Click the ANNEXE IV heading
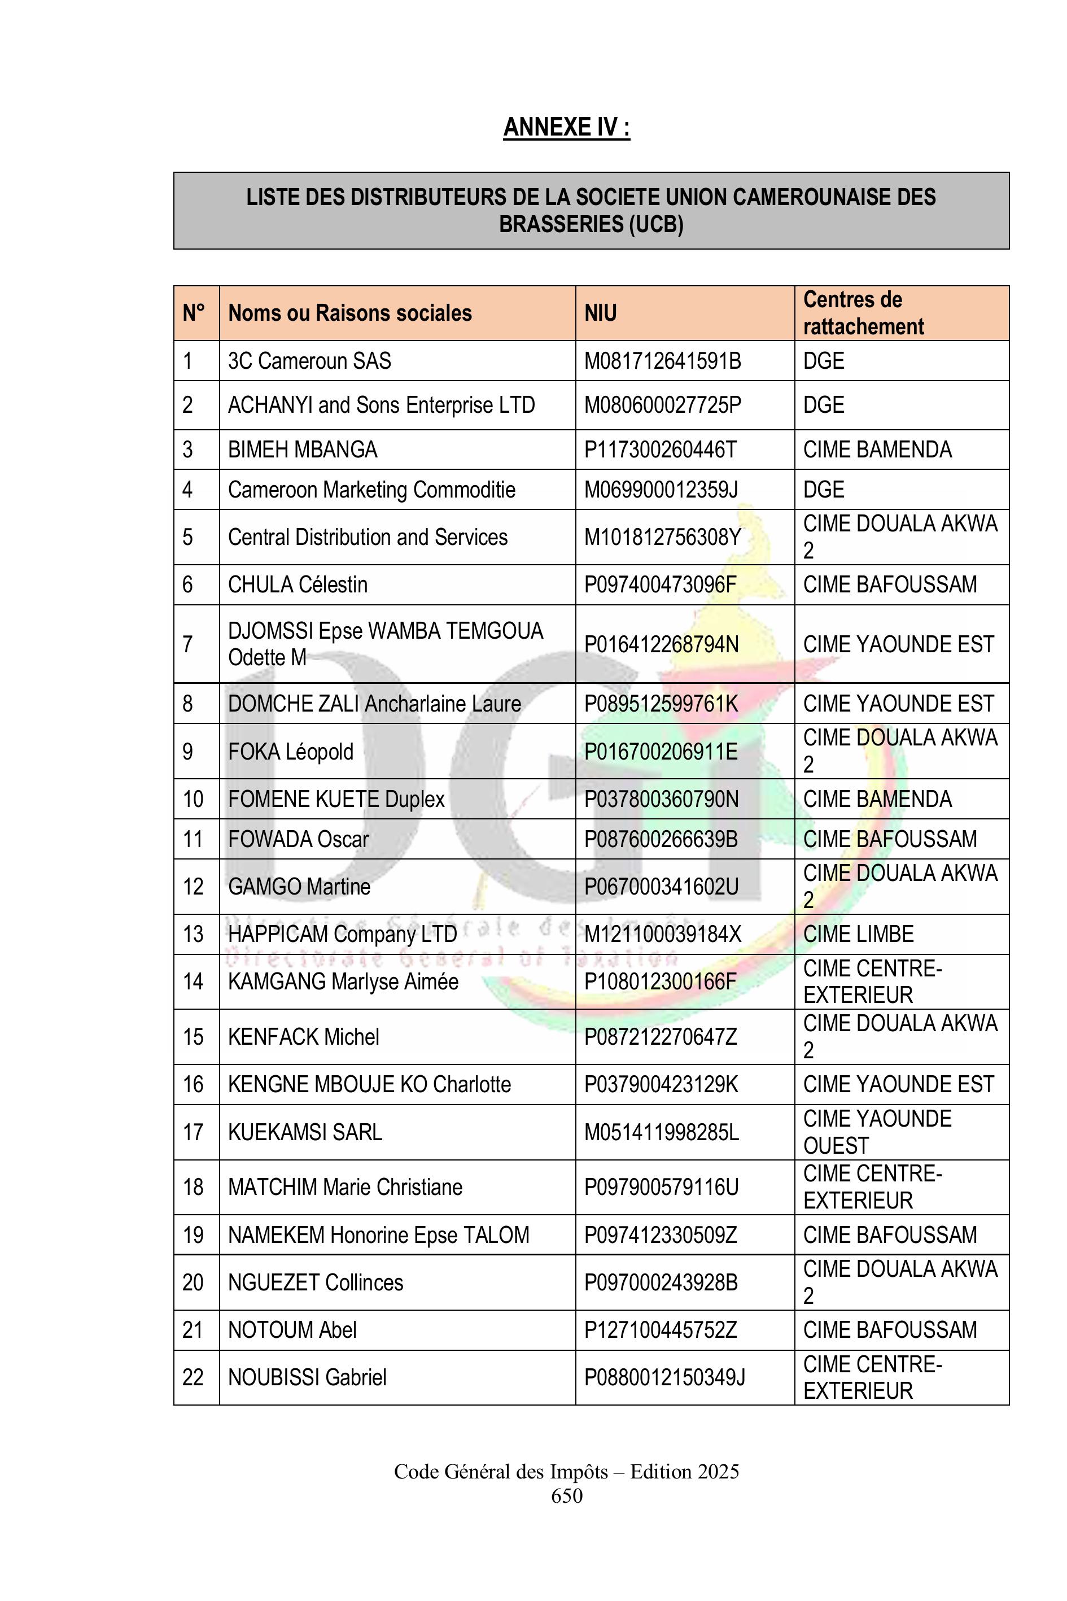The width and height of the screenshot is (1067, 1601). pyautogui.click(x=566, y=127)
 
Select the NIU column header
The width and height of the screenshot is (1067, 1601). pyautogui.click(x=600, y=313)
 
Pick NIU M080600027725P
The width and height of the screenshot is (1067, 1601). pyautogui.click(x=662, y=405)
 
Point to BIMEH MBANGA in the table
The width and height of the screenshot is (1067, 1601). pyautogui.click(x=302, y=450)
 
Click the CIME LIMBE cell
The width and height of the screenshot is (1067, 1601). pyautogui.click(x=858, y=934)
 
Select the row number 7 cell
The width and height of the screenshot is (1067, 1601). pyautogui.click(x=188, y=644)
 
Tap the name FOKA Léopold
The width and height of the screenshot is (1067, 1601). pyautogui.click(x=291, y=752)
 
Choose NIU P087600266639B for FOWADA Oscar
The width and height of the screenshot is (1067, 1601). pyautogui.click(x=661, y=839)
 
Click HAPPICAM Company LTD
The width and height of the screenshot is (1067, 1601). pyautogui.click(x=342, y=934)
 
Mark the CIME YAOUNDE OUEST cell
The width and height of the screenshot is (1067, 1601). pyautogui.click(x=877, y=1132)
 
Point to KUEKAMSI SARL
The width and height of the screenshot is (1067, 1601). pyautogui.click(x=305, y=1132)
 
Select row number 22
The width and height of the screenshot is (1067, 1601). pyautogui.click(x=193, y=1377)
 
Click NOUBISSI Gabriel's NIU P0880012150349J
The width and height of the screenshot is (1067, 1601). pyautogui.click(x=665, y=1377)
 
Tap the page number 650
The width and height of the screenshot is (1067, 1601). pyautogui.click(x=567, y=1495)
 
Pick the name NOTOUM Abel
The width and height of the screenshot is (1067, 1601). pyautogui.click(x=292, y=1329)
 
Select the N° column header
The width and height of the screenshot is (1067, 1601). pyautogui.click(x=194, y=313)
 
